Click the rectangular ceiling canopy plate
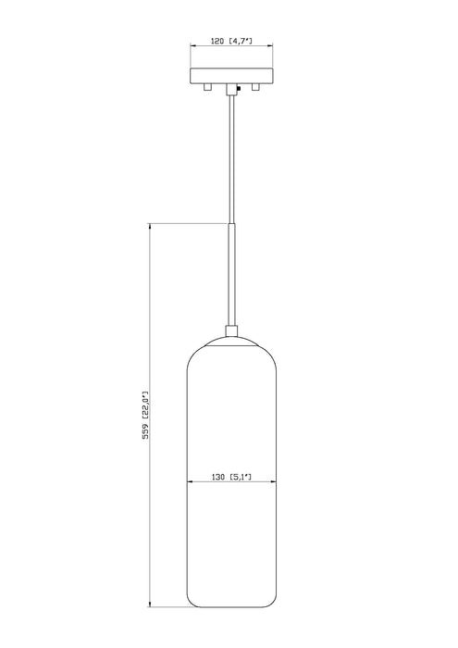229,78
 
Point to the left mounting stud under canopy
209,89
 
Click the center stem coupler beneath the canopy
229,90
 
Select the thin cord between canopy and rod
229,157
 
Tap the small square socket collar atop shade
229,332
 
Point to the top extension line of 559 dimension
185,223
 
